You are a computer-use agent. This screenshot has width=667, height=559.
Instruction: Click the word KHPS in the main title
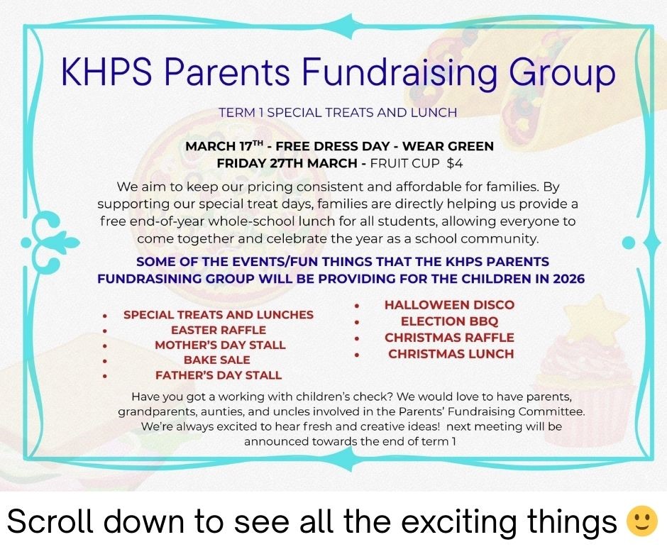click(x=106, y=71)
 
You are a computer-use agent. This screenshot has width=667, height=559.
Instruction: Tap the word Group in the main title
click(x=562, y=74)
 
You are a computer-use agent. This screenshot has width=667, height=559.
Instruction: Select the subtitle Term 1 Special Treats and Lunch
click(x=338, y=113)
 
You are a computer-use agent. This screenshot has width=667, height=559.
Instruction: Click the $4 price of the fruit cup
click(x=454, y=163)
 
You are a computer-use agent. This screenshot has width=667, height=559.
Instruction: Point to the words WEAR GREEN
click(x=448, y=146)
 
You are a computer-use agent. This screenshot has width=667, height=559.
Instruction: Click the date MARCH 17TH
click(x=225, y=146)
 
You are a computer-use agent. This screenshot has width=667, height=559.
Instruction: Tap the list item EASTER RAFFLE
click(x=219, y=330)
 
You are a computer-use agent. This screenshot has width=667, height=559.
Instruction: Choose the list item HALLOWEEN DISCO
click(x=450, y=305)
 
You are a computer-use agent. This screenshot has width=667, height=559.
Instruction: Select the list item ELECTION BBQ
click(x=449, y=321)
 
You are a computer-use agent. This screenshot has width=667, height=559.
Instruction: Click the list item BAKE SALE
click(x=217, y=360)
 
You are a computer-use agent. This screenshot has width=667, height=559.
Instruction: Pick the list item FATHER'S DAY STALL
click(x=219, y=375)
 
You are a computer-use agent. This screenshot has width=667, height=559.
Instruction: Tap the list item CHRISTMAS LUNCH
click(x=451, y=354)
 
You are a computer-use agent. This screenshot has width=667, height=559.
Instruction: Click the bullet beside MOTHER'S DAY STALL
click(x=104, y=346)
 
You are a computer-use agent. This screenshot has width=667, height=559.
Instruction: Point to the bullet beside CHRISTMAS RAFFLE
click(x=358, y=338)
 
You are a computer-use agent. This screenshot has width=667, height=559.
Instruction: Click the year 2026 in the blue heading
click(x=569, y=279)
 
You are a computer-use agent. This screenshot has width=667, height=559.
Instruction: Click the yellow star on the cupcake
click(x=600, y=319)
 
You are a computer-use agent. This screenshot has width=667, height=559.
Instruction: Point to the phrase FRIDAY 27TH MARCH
click(x=287, y=163)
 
